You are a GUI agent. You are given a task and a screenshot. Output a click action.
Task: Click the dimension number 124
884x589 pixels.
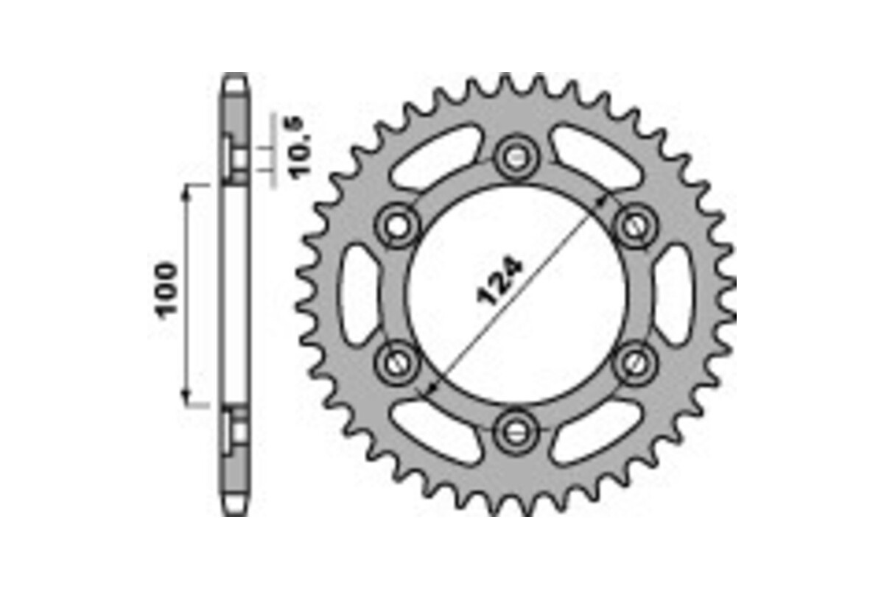(500, 281)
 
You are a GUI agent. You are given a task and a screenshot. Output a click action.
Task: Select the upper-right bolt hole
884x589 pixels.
(634, 225)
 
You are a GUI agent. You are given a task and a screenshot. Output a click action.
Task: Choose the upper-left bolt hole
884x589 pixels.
(398, 225)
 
